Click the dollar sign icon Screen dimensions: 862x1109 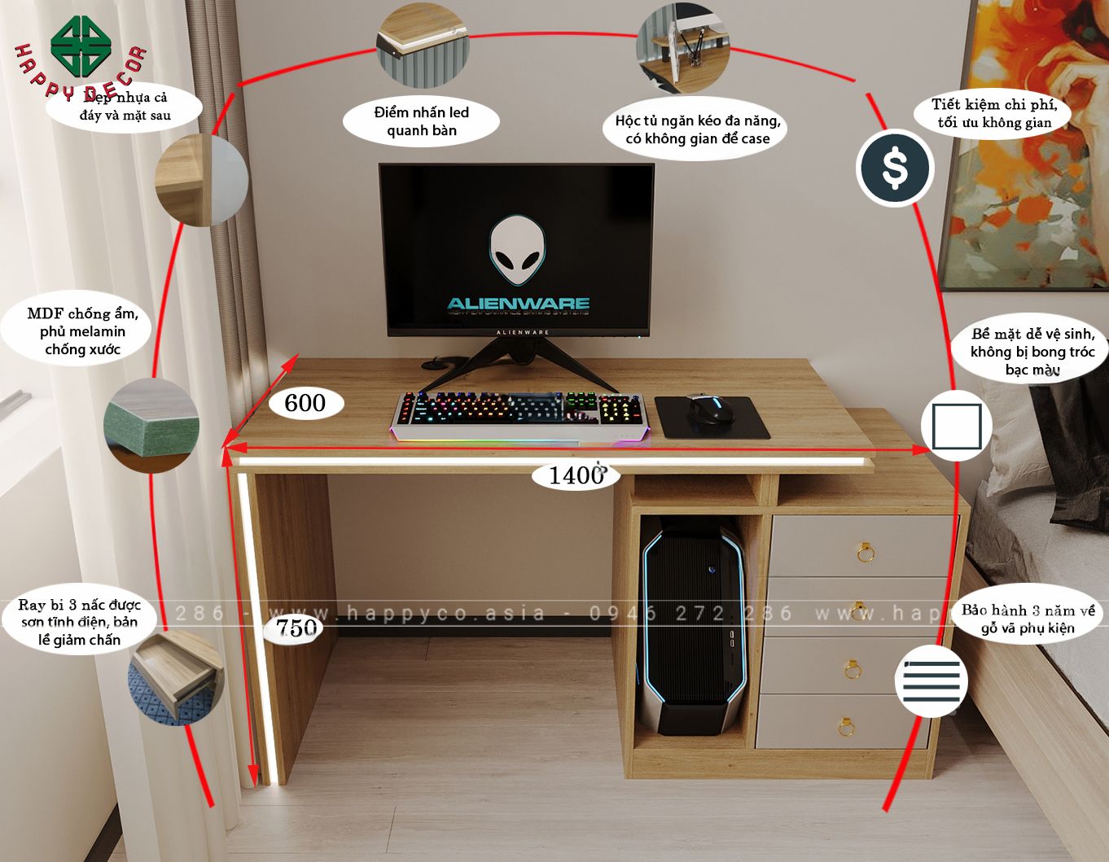(894, 168)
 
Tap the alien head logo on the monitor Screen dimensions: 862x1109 (517, 249)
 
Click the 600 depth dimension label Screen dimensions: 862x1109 (305, 403)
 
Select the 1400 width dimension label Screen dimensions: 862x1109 (575, 475)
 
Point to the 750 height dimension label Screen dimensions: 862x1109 (296, 628)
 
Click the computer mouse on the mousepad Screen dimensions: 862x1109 (709, 408)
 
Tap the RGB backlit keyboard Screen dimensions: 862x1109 (519, 414)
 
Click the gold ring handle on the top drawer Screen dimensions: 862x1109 (866, 554)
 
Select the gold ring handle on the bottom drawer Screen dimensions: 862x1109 (846, 724)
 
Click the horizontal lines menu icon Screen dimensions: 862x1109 (931, 680)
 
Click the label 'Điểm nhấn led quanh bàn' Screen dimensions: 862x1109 (421, 121)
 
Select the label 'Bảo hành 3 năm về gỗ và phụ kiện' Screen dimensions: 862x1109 (1028, 619)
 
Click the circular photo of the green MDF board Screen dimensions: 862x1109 (151, 426)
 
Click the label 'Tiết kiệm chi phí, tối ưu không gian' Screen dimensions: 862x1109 (994, 113)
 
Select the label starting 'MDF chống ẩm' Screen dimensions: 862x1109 (82, 331)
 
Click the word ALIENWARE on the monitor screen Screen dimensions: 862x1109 (518, 304)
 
